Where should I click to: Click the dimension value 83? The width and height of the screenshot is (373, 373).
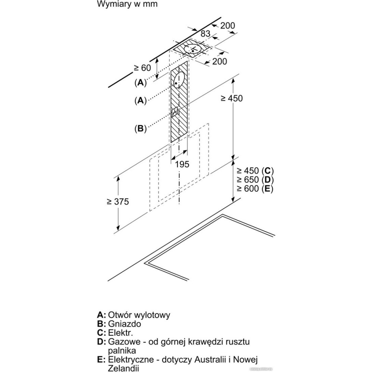[206, 33]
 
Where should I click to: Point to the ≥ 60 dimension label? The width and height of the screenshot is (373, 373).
[142, 68]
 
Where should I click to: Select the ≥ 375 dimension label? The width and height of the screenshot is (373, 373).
[117, 201]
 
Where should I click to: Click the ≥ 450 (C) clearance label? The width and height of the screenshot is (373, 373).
[255, 171]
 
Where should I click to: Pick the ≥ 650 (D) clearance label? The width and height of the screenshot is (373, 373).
[255, 180]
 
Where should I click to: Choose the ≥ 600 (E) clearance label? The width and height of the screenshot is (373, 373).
[255, 189]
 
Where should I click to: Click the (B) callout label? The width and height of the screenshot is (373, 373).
[140, 129]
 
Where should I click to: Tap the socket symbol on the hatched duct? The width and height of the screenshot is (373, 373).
[175, 112]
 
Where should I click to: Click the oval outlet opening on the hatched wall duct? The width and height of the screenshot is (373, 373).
[179, 79]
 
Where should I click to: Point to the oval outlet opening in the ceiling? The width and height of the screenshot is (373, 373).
[193, 49]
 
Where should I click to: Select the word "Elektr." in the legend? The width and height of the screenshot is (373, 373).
[120, 333]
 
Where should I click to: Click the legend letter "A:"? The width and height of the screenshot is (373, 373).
[101, 315]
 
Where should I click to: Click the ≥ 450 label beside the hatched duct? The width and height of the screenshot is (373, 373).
[231, 98]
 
